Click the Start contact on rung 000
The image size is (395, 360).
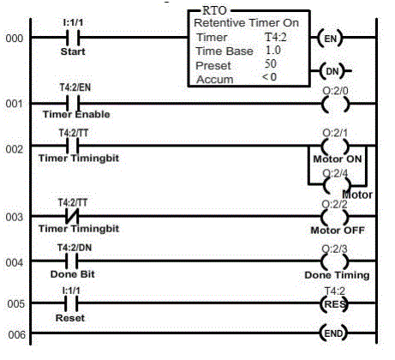pos(73,38)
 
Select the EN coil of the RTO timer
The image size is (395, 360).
pos(331,38)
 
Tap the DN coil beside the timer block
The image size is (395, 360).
pos(332,71)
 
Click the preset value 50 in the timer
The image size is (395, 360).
pos(270,63)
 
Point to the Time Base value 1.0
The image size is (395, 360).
pos(273,51)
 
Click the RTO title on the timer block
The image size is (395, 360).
pos(214,11)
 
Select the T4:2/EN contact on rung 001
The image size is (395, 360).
pos(73,103)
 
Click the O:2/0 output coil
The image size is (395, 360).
pos(335,104)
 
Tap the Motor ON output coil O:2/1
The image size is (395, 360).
pos(335,146)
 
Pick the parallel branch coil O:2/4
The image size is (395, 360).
pos(337,185)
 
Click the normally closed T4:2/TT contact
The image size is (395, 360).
pos(72,216)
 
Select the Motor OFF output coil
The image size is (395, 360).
pos(335,217)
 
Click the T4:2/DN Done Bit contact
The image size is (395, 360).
pos(71,261)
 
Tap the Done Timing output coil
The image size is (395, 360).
pos(335,261)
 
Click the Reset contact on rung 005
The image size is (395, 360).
pos(71,303)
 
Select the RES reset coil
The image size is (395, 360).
pos(334,303)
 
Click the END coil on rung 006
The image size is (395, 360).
pos(333,333)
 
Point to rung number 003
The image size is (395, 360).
pos(15,217)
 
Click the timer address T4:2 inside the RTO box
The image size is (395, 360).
pos(276,37)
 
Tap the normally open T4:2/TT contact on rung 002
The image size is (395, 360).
pos(73,146)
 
